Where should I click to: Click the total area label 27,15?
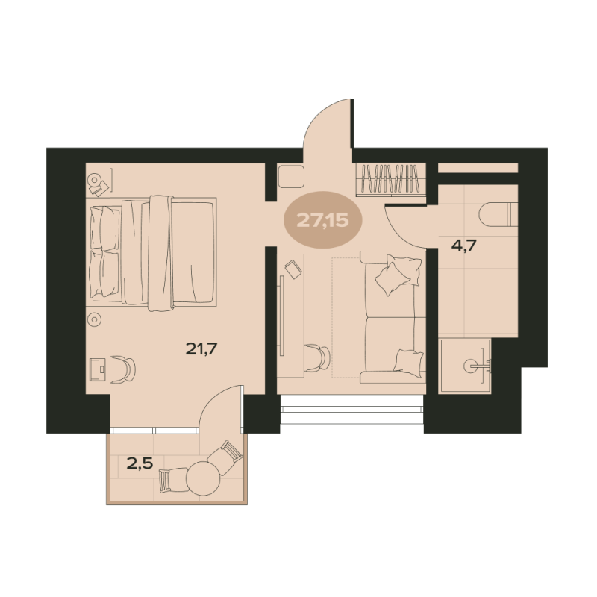point(322,219)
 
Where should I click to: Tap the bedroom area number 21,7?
point(201,348)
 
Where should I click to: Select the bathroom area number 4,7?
point(463,246)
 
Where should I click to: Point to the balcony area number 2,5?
point(140,463)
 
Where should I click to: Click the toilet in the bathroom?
point(498,214)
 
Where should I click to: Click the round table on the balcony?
point(203,478)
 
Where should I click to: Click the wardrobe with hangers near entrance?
point(390,180)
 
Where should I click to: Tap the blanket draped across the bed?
point(160,253)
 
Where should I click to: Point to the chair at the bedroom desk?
point(123,369)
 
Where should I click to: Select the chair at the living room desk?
point(317,357)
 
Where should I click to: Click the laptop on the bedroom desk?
point(99,369)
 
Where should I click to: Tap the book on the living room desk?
point(293,269)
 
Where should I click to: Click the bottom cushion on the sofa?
point(408,363)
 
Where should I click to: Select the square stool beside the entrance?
point(291,176)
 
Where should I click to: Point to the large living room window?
point(351,409)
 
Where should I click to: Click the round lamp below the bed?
point(94,319)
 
